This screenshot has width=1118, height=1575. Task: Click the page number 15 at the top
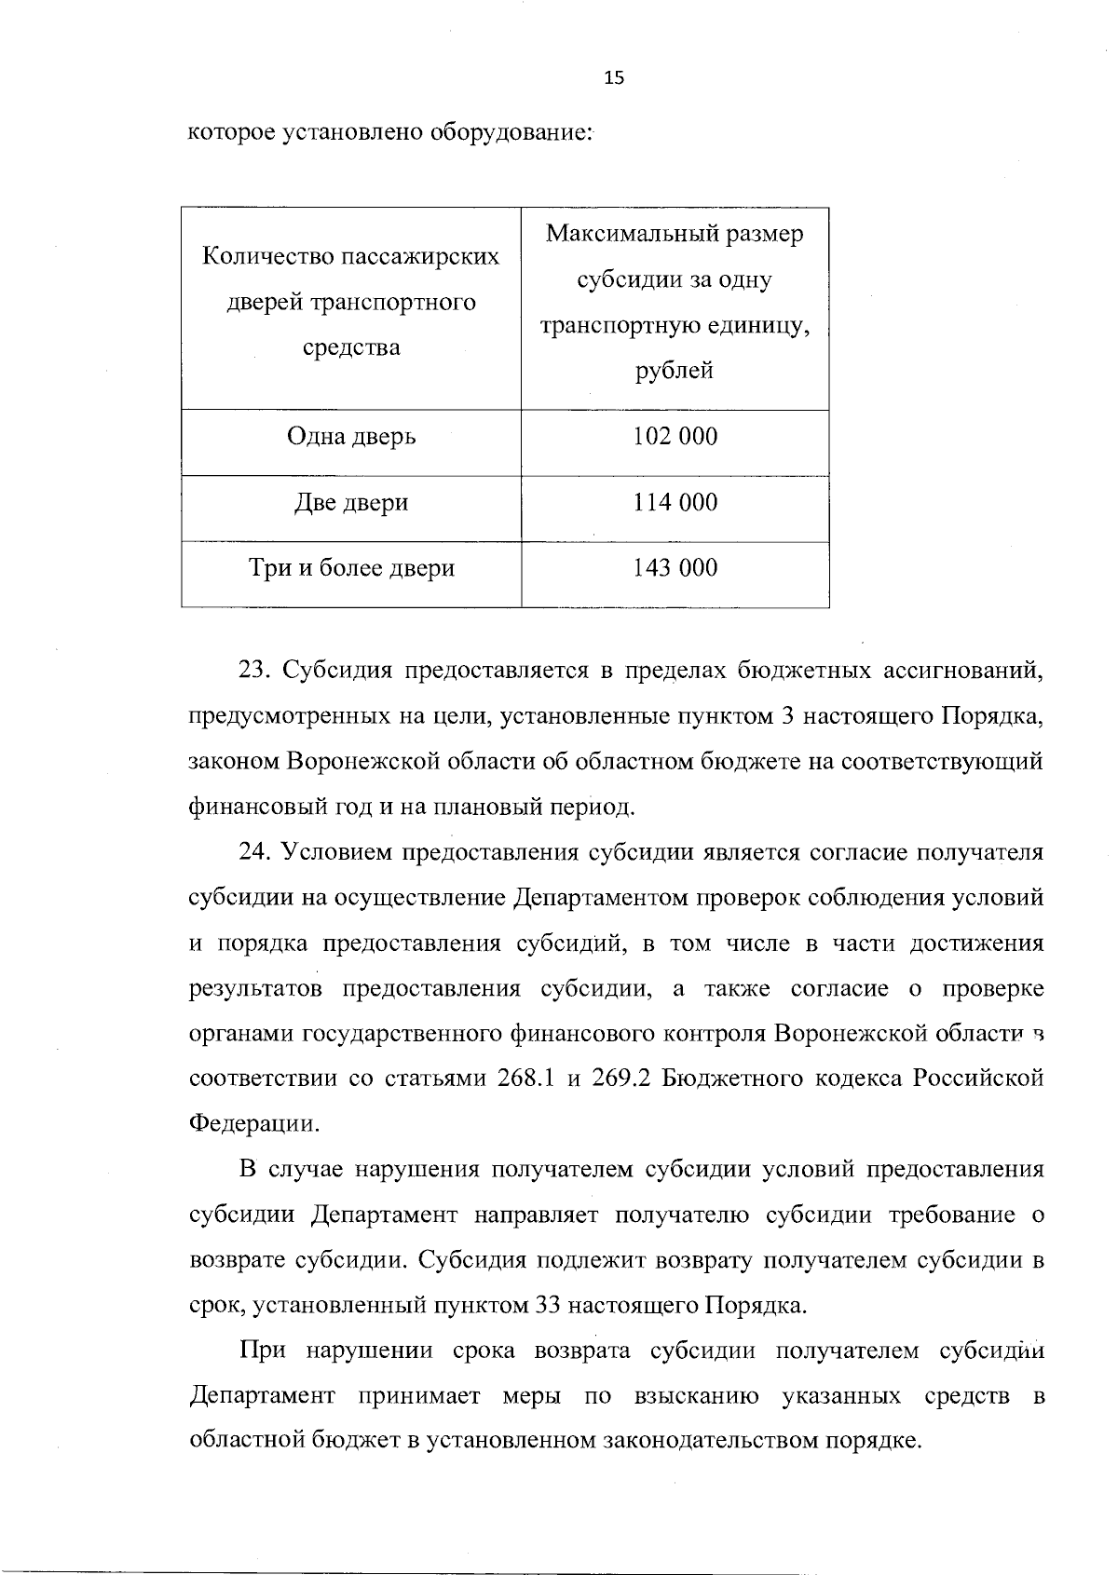pos(614,78)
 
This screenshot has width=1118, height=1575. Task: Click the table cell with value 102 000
pos(675,437)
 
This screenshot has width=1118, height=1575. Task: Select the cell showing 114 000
pos(675,503)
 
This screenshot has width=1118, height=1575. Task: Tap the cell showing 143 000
pos(675,568)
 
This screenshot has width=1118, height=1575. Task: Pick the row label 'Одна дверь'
pos(351,437)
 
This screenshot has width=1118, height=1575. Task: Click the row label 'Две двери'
pos(351,503)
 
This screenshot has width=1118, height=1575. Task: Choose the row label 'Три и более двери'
pos(351,568)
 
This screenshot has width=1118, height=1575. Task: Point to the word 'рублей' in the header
pos(675,371)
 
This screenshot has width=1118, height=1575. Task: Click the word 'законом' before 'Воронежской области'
pos(233,762)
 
